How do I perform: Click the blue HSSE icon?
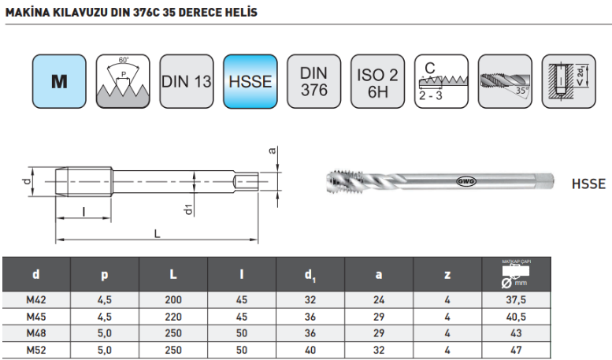[x=250, y=81]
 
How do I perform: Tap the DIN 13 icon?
[x=187, y=81]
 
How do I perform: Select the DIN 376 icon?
[x=313, y=81]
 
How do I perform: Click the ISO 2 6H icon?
[x=377, y=81]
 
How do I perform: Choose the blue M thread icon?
[x=59, y=81]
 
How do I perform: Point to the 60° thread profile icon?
[x=123, y=81]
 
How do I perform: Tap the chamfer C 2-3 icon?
[x=441, y=81]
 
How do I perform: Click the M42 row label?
[x=36, y=299]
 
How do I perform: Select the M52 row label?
[x=36, y=349]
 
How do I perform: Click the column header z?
[x=447, y=274]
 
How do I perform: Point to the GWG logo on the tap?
[x=467, y=181]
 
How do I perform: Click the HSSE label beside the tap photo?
[x=588, y=184]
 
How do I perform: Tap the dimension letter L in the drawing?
[x=158, y=233]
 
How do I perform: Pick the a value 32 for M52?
[x=379, y=349]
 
